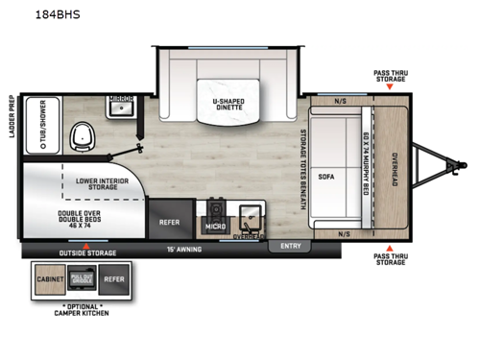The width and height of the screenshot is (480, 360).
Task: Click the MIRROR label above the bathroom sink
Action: (x=121, y=99)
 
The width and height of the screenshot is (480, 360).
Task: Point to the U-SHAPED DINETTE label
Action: (x=228, y=105)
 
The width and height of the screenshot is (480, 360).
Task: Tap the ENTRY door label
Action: (x=290, y=246)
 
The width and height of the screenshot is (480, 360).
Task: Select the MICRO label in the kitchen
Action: (x=215, y=227)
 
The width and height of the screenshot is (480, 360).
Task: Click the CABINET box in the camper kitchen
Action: (x=50, y=279)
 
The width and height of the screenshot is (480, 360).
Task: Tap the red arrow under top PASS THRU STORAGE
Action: (x=389, y=87)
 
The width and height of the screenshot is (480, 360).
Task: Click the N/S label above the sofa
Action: (x=340, y=100)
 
